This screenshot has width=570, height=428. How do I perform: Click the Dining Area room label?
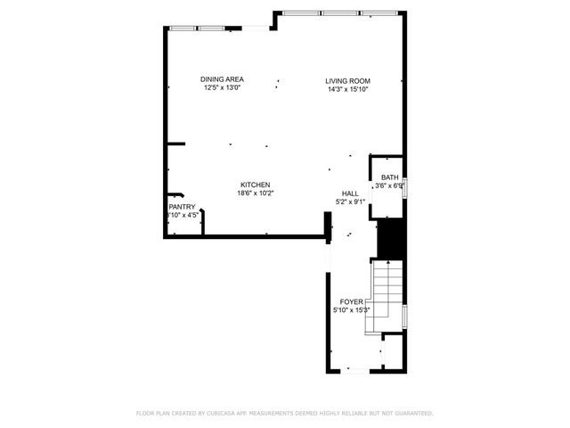[223, 79]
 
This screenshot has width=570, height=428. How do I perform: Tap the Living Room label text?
[346, 81]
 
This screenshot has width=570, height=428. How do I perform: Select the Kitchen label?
[255, 185]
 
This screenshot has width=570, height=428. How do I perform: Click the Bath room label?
[390, 177]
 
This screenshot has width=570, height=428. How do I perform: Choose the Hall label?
[350, 193]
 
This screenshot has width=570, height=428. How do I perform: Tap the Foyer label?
[352, 302]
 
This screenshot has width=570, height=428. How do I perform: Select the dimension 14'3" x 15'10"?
[346, 89]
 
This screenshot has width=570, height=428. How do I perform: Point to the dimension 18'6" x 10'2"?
[255, 193]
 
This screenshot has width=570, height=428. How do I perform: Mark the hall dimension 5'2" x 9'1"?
[350, 202]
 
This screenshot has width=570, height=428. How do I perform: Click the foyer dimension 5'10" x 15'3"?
[352, 310]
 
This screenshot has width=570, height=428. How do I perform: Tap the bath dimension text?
[389, 185]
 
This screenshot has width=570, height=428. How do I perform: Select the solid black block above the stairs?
[392, 239]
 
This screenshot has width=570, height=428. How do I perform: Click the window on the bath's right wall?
[405, 185]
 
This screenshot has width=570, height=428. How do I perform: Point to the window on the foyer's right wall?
[405, 316]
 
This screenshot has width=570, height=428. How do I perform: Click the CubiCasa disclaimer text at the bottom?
[284, 414]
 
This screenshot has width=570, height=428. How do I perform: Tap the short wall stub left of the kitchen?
[175, 144]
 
